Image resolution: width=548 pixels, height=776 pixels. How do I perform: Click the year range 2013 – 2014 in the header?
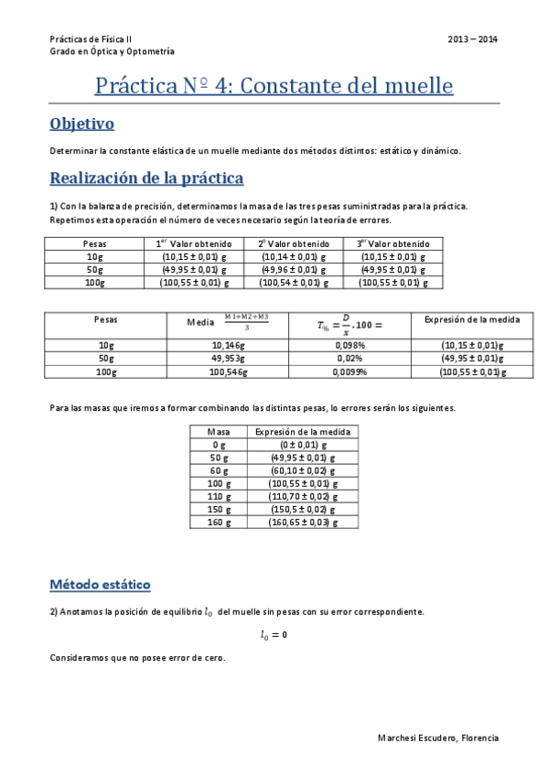(473, 39)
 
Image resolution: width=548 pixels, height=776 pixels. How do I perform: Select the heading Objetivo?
(81, 124)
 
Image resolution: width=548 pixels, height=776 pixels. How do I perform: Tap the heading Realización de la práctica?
(146, 178)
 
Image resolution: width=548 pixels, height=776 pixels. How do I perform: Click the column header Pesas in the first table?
(94, 244)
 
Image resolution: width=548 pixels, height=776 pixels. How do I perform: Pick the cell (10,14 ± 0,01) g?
(293, 257)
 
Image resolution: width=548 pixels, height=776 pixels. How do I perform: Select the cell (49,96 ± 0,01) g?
(293, 270)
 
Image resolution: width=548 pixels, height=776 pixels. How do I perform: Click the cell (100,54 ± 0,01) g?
(293, 283)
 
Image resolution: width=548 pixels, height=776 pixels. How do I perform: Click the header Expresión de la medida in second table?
(473, 320)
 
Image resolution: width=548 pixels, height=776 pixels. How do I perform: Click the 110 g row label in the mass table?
(219, 496)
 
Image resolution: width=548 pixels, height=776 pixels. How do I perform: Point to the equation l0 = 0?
(274, 634)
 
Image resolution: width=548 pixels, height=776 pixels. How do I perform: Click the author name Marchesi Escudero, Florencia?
(438, 738)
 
